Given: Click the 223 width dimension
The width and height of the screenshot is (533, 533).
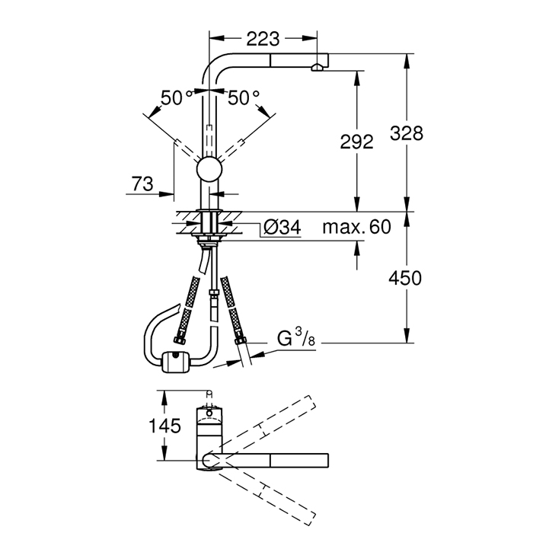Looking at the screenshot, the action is pyautogui.click(x=263, y=39).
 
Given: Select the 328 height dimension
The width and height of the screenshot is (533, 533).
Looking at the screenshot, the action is pyautogui.click(x=407, y=133).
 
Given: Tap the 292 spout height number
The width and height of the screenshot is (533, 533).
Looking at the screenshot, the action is pyautogui.click(x=356, y=142).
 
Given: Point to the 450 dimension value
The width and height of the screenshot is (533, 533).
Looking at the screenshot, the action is pyautogui.click(x=405, y=278).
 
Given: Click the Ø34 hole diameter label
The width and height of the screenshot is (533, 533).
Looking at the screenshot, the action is pyautogui.click(x=282, y=227).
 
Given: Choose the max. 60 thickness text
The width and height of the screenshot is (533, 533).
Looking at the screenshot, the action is pyautogui.click(x=356, y=227).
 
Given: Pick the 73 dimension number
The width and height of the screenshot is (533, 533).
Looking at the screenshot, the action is pyautogui.click(x=143, y=184).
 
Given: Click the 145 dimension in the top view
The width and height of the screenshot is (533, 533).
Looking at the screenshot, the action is pyautogui.click(x=165, y=426).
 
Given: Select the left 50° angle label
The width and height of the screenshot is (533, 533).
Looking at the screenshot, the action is pyautogui.click(x=176, y=98).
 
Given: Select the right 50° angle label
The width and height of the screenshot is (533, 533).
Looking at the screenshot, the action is pyautogui.click(x=244, y=98).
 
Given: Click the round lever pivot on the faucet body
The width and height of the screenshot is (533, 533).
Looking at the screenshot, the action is pyautogui.click(x=209, y=170).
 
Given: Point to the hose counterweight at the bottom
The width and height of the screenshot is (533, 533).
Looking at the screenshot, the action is pyautogui.click(x=176, y=362).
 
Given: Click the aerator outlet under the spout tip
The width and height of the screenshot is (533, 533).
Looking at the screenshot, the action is pyautogui.click(x=317, y=67).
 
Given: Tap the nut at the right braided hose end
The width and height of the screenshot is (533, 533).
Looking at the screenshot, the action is pyautogui.click(x=241, y=340).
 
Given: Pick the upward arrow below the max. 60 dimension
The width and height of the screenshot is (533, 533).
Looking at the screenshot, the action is pyautogui.click(x=356, y=248).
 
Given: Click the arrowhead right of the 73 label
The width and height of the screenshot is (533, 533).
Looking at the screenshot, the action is pyautogui.click(x=167, y=194).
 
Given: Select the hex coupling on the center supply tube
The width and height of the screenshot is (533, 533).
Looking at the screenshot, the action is pyautogui.click(x=214, y=293).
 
